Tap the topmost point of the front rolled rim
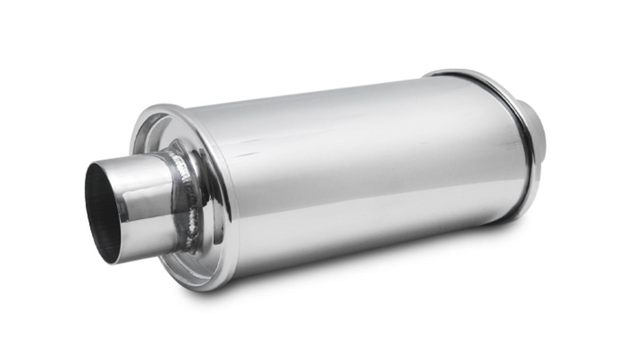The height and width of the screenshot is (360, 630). click(162, 105)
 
